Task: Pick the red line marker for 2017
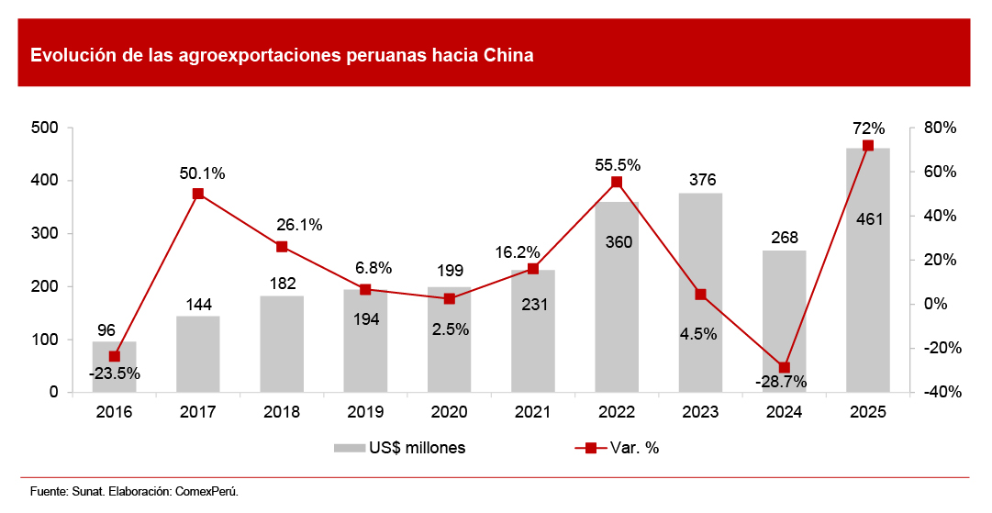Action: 198,194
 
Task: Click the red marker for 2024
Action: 785,367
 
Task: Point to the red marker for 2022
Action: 617,182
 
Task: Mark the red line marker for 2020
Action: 450,298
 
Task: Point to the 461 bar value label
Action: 868,219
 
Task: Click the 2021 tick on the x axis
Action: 533,412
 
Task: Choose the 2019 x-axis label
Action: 365,412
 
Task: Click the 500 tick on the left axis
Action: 44,128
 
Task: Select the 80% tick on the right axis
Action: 942,128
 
